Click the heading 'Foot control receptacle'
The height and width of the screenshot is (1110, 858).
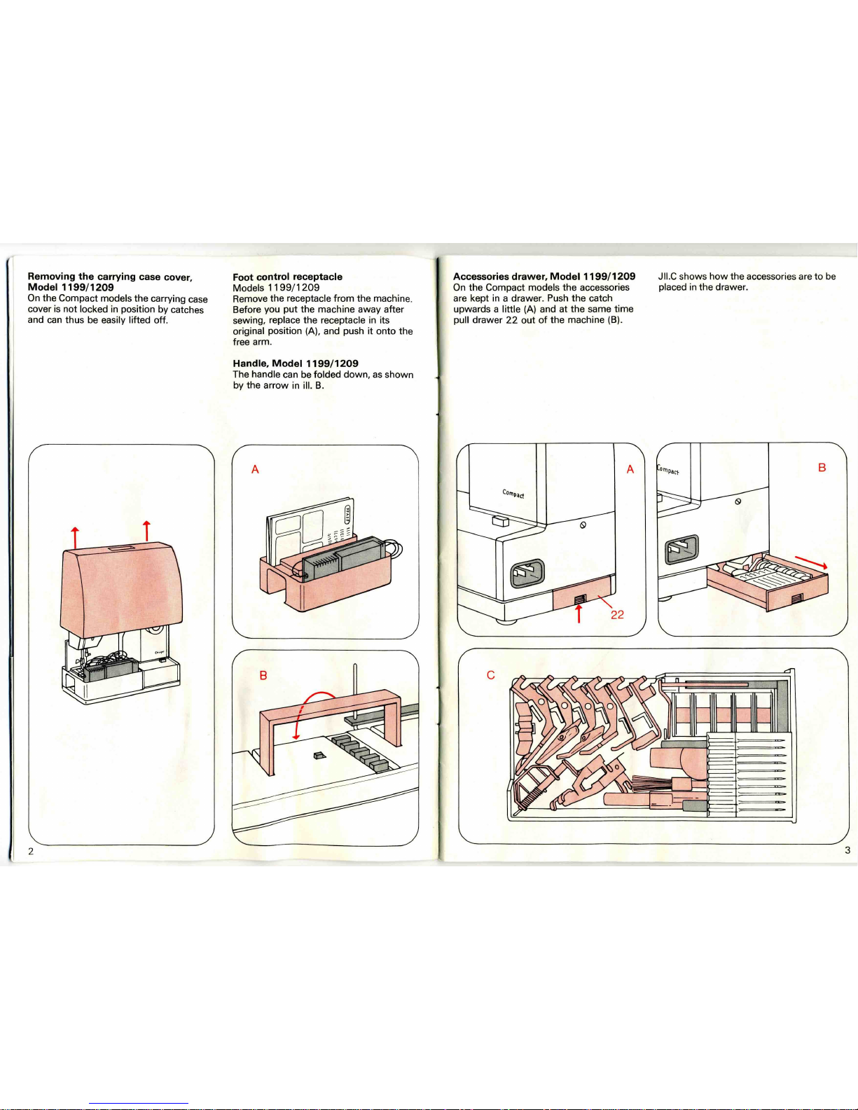pos(288,277)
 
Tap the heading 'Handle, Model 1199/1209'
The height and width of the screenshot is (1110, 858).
pos(295,363)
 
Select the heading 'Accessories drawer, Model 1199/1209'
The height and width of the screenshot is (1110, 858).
pos(544,277)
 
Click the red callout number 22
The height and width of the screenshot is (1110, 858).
pos(618,614)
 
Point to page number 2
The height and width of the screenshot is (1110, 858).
pos(31,851)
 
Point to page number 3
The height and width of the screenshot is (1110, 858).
pos(847,850)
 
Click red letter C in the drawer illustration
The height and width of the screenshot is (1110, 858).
pos(491,675)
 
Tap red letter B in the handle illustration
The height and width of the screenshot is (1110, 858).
pos(263,676)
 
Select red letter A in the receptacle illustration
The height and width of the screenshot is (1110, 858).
pos(256,469)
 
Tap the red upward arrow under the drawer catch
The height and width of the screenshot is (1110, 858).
pos(579,613)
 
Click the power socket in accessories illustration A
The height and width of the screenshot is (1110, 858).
pos(528,573)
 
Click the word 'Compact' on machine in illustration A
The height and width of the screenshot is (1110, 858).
pos(513,494)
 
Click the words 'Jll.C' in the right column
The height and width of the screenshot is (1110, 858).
pos(667,277)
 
